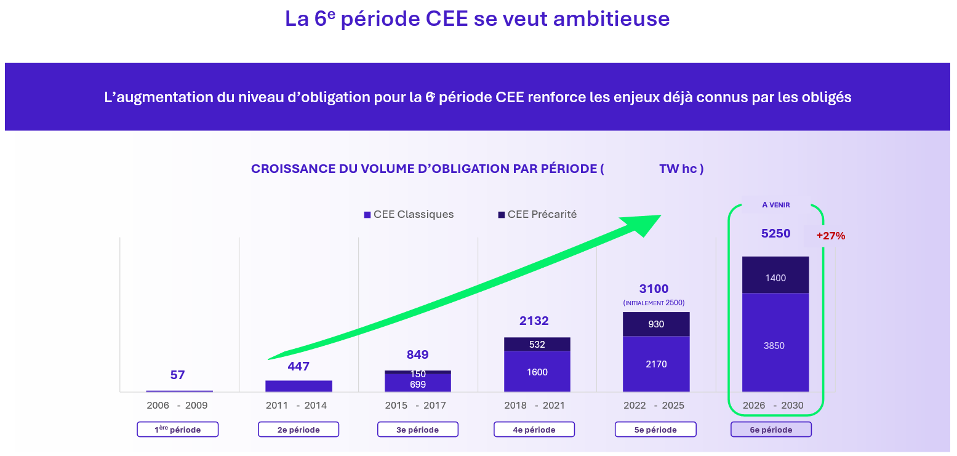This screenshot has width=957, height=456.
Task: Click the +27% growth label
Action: tap(830, 235)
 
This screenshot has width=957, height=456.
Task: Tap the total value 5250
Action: tap(775, 234)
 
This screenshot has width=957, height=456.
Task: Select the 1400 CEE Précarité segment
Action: tap(775, 278)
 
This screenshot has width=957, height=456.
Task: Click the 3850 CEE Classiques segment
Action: tap(775, 345)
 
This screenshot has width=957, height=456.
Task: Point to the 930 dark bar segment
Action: tap(656, 324)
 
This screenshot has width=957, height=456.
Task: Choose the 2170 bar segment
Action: tap(656, 364)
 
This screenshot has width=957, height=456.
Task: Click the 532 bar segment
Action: tap(537, 345)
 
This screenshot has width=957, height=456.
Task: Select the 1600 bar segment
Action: tap(537, 372)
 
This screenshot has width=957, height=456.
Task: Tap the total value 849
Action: tap(417, 354)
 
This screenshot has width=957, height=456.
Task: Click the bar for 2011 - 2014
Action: tap(298, 386)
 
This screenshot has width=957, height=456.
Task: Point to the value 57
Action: tap(177, 375)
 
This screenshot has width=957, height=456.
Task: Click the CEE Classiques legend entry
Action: tap(409, 215)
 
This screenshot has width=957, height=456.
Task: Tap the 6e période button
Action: tap(771, 430)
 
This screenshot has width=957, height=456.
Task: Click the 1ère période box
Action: tap(177, 430)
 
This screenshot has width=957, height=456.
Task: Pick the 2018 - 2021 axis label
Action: tap(534, 406)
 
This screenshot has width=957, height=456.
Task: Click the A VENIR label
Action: tap(775, 205)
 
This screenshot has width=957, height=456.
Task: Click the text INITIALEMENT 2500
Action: tap(654, 303)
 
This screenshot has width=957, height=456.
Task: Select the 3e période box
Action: tap(417, 430)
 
